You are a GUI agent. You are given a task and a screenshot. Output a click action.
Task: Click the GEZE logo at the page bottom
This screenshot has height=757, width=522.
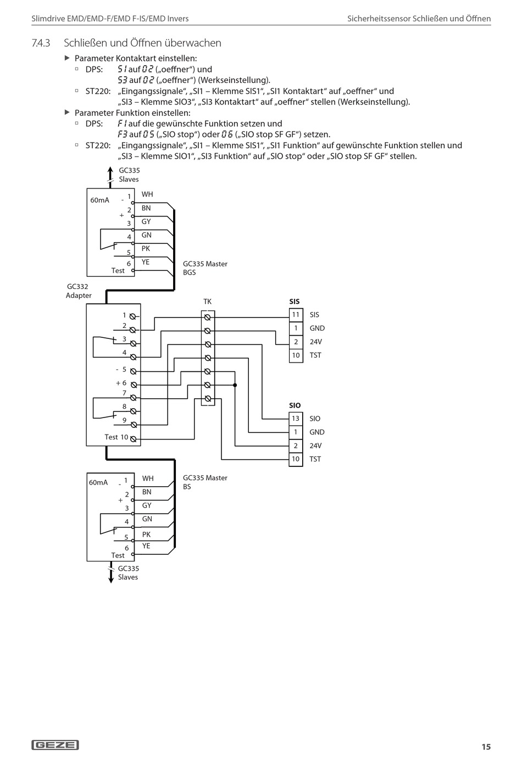pos(55,745)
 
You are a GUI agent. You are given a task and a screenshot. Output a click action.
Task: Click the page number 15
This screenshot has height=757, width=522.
pos(486,747)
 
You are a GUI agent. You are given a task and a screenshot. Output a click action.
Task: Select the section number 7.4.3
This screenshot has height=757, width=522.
pos(41,43)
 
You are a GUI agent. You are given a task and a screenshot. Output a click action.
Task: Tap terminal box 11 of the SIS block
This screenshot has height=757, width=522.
pos(296,315)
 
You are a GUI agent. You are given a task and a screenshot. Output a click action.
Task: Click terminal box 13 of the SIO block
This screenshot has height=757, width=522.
pos(296,419)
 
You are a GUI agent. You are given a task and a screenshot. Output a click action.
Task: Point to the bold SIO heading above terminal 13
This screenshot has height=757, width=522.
pos(295,405)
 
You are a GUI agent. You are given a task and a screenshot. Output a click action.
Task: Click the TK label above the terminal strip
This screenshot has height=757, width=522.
pos(207,302)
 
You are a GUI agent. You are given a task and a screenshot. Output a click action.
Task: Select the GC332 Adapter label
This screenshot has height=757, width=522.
pos(79,291)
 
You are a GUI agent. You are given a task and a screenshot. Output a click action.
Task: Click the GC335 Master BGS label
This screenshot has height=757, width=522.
pos(205,268)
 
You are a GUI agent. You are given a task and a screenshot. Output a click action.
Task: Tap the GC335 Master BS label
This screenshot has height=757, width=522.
pos(205,482)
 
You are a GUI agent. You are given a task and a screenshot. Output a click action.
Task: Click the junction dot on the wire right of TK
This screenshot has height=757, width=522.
pos(235,385)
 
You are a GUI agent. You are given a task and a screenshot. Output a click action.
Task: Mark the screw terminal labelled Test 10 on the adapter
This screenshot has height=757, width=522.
pos(133,439)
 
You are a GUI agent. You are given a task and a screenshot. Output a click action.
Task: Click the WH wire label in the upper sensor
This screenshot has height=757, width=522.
pos(147,194)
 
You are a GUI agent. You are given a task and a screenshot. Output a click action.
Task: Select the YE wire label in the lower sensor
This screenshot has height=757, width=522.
pos(146,546)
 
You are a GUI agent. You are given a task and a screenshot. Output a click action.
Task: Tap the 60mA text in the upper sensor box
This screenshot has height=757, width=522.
pos(100,200)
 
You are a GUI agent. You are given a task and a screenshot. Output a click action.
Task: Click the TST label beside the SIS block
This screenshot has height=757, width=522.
pos(315,355)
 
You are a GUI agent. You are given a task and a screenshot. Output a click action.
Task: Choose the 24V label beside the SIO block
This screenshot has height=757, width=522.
pos(315,446)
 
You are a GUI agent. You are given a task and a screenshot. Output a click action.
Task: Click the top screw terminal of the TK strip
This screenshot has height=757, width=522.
pos(208,318)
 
